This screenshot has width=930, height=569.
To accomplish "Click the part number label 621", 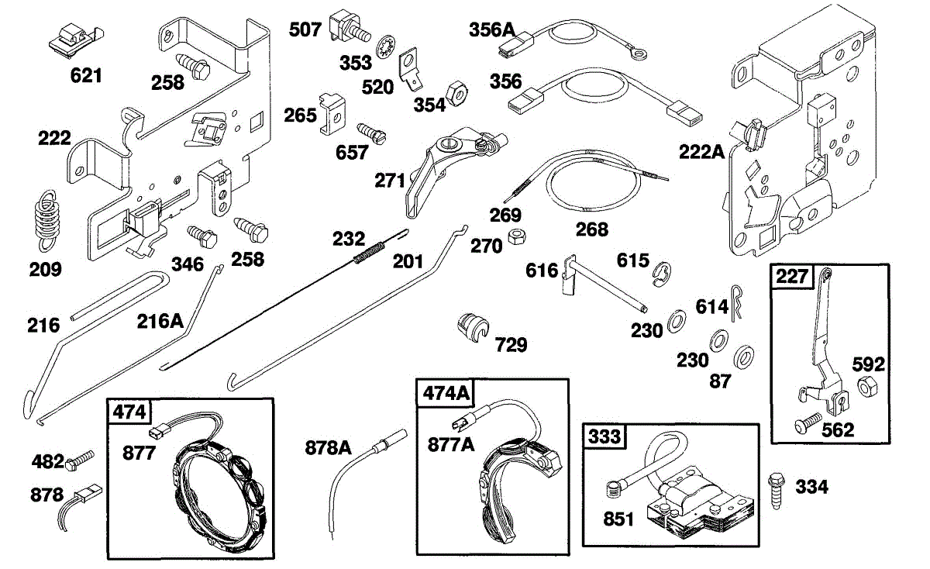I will pyautogui.click(x=86, y=75).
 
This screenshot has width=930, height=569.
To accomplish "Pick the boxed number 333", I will pyautogui.click(x=604, y=436).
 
